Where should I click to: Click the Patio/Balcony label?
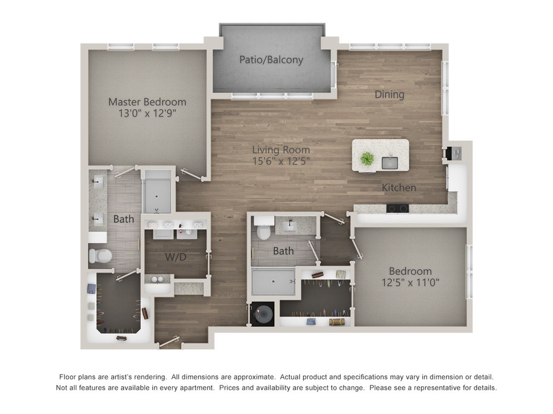[271, 60]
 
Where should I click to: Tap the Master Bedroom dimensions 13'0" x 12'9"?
[147, 113]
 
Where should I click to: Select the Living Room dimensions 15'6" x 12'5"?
[281, 161]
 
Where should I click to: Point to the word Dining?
[390, 95]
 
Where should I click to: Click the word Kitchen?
[399, 188]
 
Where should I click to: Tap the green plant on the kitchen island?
[367, 159]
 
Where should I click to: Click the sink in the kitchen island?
[390, 163]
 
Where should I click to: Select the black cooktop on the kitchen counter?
[397, 209]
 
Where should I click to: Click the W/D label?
[175, 257]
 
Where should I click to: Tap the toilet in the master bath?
[101, 256]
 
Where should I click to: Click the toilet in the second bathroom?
[264, 228]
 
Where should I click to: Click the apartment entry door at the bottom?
[169, 342]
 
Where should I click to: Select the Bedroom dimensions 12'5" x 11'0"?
[410, 282]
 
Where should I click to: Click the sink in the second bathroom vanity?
[290, 226]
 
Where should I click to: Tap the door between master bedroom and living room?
[191, 175]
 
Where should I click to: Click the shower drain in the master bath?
[157, 197]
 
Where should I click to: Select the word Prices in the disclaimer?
[229, 388]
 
